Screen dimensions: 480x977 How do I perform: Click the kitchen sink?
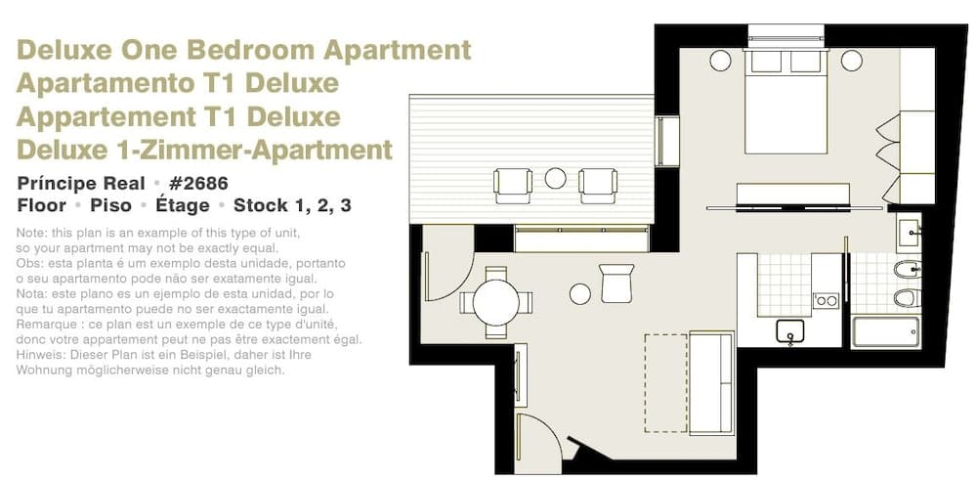pos(790,331)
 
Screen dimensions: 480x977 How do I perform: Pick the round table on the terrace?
pos(555,178)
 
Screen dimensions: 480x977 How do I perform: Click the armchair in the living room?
pos(617,284)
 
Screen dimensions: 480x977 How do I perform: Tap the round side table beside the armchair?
pos(580,293)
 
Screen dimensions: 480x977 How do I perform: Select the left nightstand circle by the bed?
pos(720,61)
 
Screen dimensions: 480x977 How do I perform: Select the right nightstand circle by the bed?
pos(851,61)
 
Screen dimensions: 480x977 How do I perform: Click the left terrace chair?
pos(513,184)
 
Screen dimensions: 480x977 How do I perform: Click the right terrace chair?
pos(598,184)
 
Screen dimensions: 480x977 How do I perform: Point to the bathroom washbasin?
pos(909,233)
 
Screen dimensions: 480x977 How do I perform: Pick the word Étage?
pos(182,205)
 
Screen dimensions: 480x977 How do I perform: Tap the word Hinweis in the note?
pos(39,356)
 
